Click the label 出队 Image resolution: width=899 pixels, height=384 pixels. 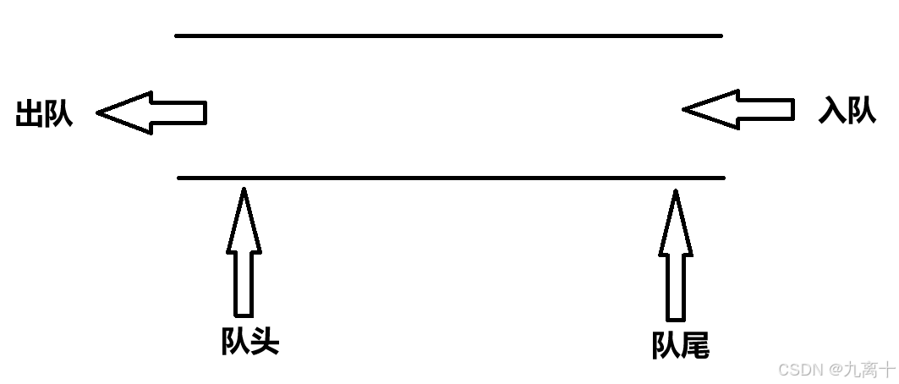[44, 113]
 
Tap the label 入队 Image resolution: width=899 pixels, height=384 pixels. [847, 111]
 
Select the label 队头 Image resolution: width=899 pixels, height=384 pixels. [249, 342]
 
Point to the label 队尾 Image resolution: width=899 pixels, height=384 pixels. [680, 345]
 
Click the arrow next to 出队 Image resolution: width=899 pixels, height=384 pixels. [152, 112]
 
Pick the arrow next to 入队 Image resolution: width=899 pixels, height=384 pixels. [738, 110]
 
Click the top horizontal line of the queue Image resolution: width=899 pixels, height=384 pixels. [448, 36]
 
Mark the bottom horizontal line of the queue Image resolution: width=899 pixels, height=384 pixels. [451, 178]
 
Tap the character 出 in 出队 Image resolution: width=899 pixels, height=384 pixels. [30, 113]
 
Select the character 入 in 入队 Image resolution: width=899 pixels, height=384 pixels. [832, 111]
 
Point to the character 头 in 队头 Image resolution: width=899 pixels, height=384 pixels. [265, 342]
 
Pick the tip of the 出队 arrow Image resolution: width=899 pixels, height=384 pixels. [98, 112]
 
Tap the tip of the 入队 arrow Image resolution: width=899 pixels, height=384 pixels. [684, 110]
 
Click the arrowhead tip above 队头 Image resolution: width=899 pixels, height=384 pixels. [244, 189]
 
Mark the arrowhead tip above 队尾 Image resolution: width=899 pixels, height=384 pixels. [676, 191]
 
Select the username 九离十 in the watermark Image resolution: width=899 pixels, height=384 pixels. [872, 370]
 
